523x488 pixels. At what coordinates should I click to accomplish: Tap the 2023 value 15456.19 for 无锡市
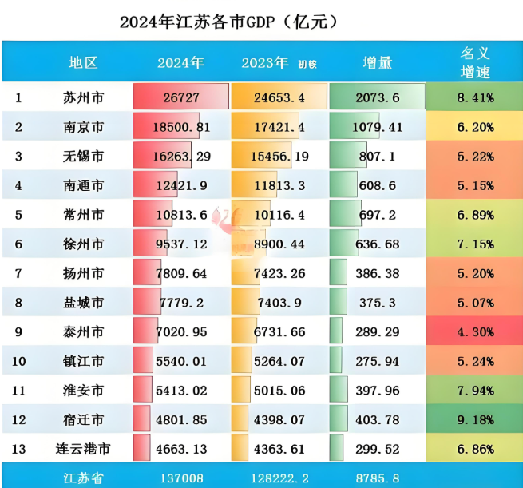pos(278,157)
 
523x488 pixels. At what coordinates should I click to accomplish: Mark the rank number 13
pos(19,448)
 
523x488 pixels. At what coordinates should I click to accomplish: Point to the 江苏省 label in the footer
pos(83,478)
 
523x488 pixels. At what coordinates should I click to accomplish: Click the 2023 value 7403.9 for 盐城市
pos(278,302)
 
